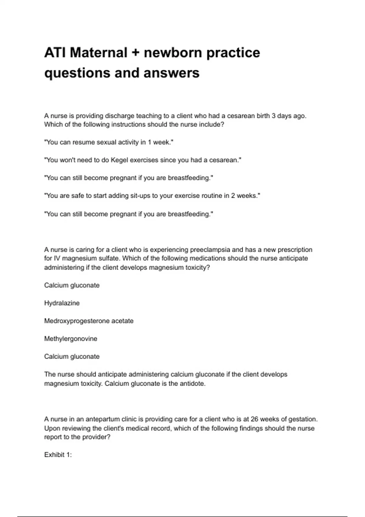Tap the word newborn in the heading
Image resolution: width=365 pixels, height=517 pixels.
pyautogui.click(x=173, y=53)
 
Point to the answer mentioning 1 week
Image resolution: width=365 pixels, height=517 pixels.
pyautogui.click(x=109, y=142)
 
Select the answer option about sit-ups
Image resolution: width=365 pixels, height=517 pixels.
pyautogui.click(x=152, y=196)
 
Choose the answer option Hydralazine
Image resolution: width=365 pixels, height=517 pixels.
pyautogui.click(x=62, y=303)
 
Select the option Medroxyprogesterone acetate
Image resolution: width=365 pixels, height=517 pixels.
pyautogui.click(x=89, y=321)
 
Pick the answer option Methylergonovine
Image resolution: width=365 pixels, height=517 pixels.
pyautogui.click(x=71, y=339)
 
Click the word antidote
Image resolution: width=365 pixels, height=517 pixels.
pyautogui.click(x=193, y=383)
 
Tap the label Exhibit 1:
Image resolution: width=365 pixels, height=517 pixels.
pyautogui.click(x=58, y=455)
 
